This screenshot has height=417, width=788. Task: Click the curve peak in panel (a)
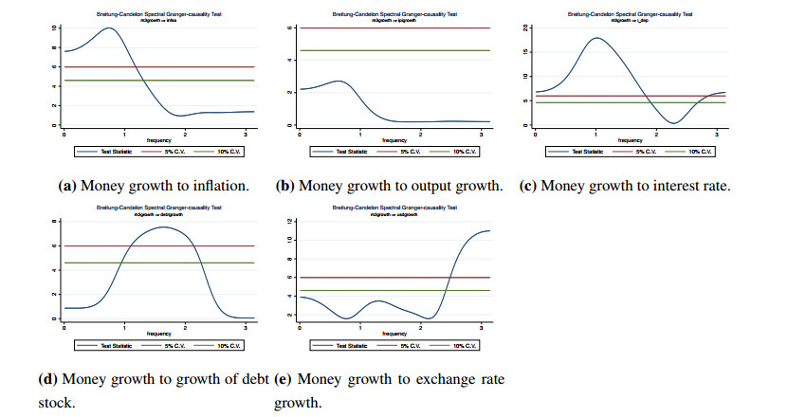tap(109, 27)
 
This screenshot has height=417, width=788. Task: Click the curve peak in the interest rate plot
tap(596, 38)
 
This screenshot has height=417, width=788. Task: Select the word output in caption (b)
tap(423, 186)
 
